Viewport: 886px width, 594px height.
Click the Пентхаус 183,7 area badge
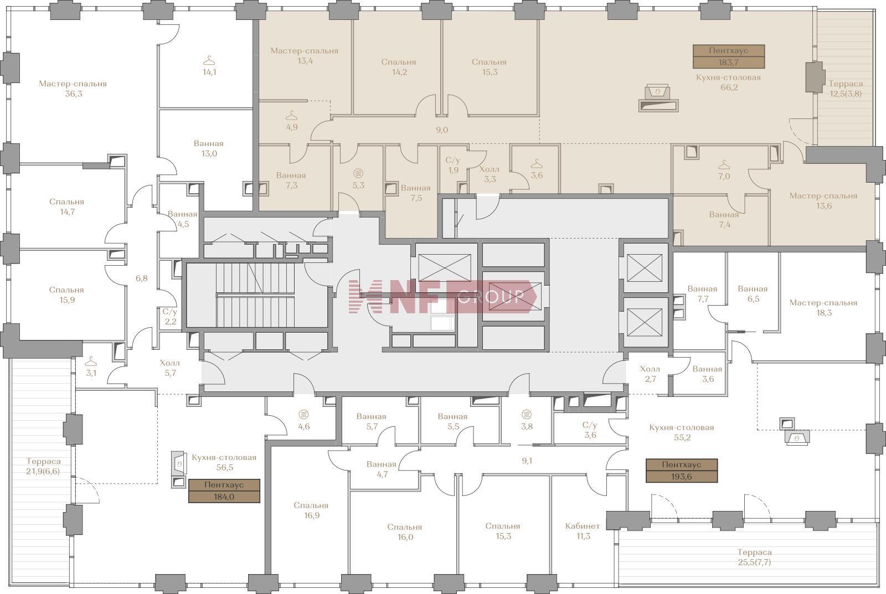[729, 56]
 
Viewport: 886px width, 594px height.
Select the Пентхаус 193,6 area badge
[682, 471]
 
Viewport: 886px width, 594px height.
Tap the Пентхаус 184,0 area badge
[224, 491]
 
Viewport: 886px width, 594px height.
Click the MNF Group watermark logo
[442, 297]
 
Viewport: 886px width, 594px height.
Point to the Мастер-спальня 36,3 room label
[73, 89]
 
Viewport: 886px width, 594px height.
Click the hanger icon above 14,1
[209, 60]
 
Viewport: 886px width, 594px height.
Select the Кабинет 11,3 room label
[583, 531]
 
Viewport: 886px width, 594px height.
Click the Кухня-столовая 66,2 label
[729, 82]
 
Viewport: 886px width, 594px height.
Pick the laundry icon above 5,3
[358, 173]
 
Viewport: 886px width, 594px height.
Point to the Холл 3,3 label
[490, 174]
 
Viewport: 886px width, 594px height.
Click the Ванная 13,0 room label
[209, 148]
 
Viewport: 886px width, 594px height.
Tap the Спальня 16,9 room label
[311, 510]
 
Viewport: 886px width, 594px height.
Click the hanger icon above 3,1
[91, 361]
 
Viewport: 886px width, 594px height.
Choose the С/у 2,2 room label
[170, 317]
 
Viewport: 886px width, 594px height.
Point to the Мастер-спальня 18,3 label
[823, 307]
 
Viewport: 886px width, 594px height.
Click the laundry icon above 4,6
[304, 415]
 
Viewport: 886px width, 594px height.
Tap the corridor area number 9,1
[527, 461]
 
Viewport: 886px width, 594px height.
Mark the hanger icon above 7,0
[724, 164]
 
